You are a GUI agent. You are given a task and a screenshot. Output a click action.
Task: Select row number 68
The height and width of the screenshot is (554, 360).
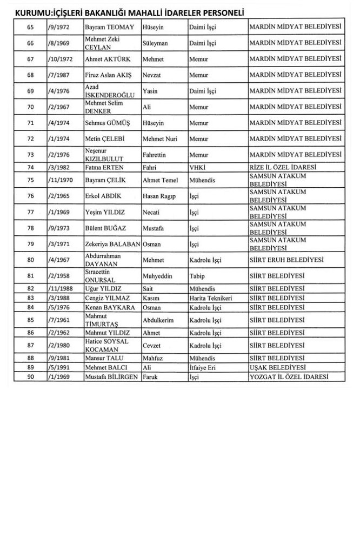[30, 74]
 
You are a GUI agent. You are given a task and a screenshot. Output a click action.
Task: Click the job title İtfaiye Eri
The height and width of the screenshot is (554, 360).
[203, 367]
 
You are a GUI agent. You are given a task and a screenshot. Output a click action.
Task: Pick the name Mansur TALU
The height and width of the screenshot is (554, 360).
[103, 358]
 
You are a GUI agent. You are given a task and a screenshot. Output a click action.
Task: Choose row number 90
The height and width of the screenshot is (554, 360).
[30, 376]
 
